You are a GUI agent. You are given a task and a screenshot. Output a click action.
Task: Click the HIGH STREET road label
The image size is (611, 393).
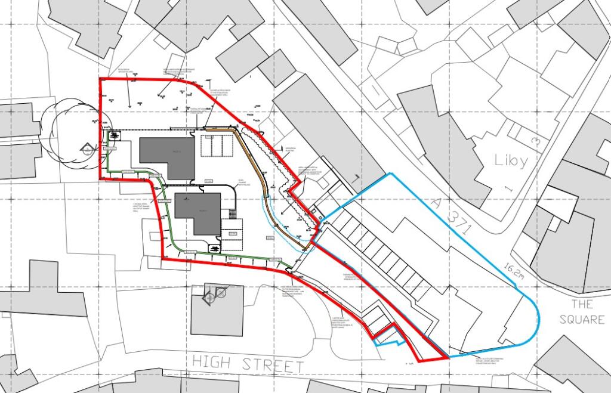coord(248,363)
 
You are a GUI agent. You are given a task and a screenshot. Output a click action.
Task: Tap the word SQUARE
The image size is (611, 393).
coord(582,320)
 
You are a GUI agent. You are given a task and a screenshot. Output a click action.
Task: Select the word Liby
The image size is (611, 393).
coord(511,160)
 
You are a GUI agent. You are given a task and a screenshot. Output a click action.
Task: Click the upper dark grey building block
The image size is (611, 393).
coord(167,156)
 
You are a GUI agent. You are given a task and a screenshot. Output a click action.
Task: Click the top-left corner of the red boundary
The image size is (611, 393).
coord(100,79)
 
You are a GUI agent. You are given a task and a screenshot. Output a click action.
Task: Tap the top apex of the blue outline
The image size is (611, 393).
coord(391,174)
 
